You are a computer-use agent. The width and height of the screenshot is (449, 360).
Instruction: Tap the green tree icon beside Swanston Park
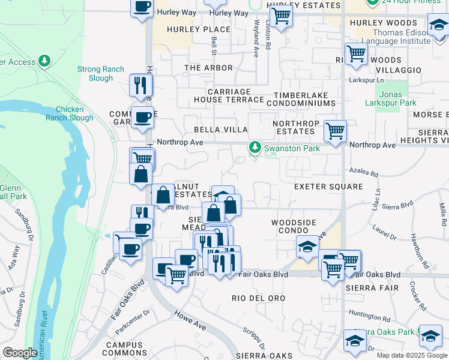point(255,147)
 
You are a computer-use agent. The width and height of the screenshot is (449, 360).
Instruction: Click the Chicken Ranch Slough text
point(74,113)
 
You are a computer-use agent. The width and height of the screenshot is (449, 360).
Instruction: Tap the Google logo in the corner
point(20,353)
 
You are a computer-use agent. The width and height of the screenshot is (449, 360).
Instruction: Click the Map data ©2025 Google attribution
point(411,355)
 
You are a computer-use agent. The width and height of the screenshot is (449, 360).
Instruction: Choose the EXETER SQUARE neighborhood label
point(328,187)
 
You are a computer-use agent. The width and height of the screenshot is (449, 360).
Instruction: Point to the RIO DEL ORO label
point(259,298)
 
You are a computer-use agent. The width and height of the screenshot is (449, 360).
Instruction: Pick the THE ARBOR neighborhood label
point(208,68)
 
